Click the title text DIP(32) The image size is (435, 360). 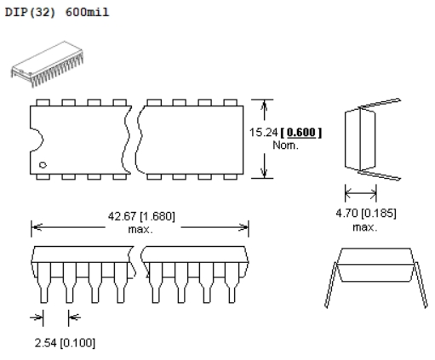click(x=30, y=12)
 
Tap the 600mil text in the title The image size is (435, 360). click(x=87, y=12)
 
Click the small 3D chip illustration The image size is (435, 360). click(x=48, y=65)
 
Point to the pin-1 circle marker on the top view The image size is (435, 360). click(x=43, y=165)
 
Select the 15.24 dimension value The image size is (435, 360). click(x=263, y=132)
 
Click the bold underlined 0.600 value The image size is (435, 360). click(x=301, y=132)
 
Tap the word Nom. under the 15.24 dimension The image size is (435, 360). click(x=285, y=146)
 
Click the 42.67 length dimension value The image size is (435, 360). click(x=122, y=216)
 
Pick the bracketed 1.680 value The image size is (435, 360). click(x=157, y=216)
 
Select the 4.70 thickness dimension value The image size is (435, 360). click(x=346, y=213)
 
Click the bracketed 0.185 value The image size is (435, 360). click(x=379, y=213)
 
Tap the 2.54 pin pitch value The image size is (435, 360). click(x=46, y=343)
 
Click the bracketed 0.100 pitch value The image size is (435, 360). click(x=77, y=343)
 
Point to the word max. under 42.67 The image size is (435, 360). click(x=140, y=229)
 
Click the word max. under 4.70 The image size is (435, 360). click(x=365, y=227)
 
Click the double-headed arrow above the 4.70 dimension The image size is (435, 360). click(x=361, y=193)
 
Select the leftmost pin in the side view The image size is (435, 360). click(x=44, y=283)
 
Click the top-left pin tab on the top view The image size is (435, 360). click(x=43, y=102)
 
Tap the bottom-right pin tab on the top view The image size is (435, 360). click(x=231, y=177)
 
